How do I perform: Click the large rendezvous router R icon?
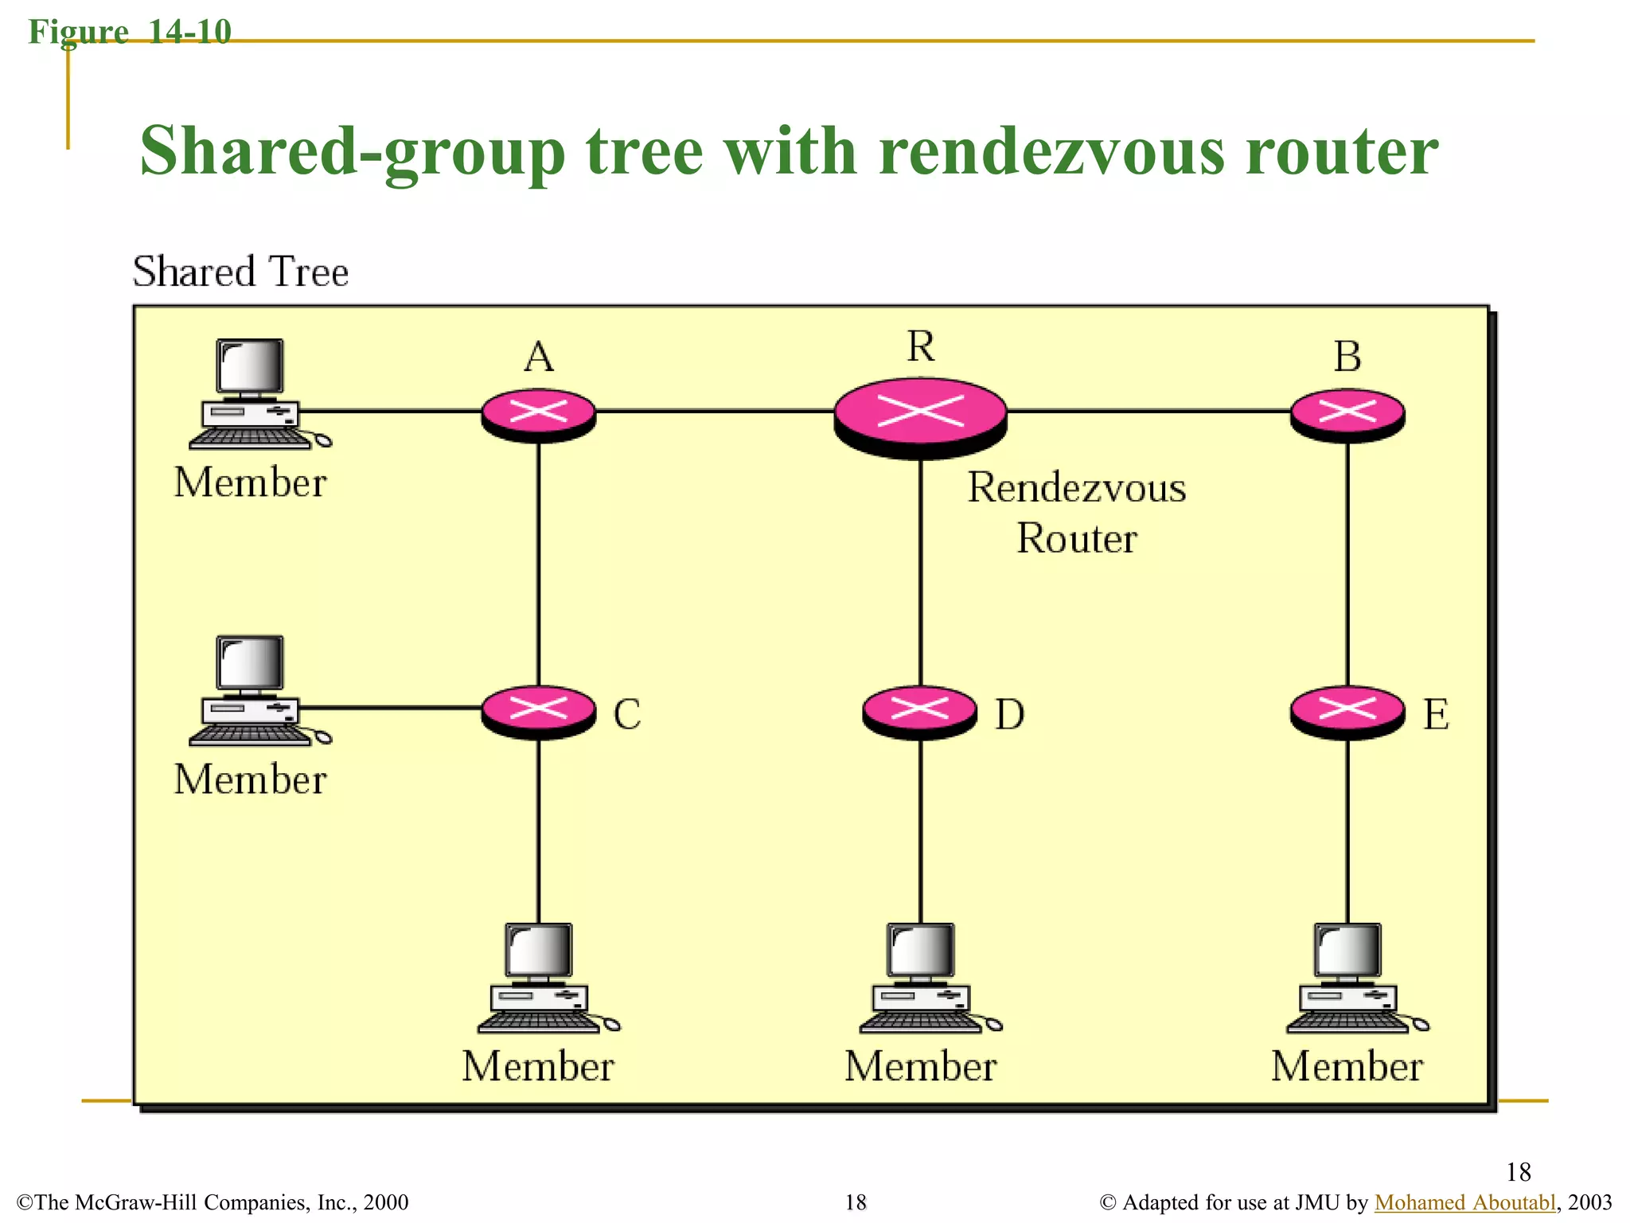[920, 416]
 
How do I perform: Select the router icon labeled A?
[539, 414]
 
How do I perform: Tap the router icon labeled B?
[1347, 414]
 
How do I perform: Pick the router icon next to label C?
[539, 710]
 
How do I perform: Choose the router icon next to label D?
[920, 710]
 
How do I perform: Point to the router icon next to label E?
[1347, 710]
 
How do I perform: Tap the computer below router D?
[923, 979]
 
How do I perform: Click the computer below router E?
[1350, 979]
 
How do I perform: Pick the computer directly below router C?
[541, 979]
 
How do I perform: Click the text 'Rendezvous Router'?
[1076, 513]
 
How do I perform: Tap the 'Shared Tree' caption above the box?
[240, 272]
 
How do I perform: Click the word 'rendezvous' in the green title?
[1051, 151]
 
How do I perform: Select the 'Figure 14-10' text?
[130, 32]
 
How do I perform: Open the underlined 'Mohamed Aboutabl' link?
[1464, 1202]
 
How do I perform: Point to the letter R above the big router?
[921, 347]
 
